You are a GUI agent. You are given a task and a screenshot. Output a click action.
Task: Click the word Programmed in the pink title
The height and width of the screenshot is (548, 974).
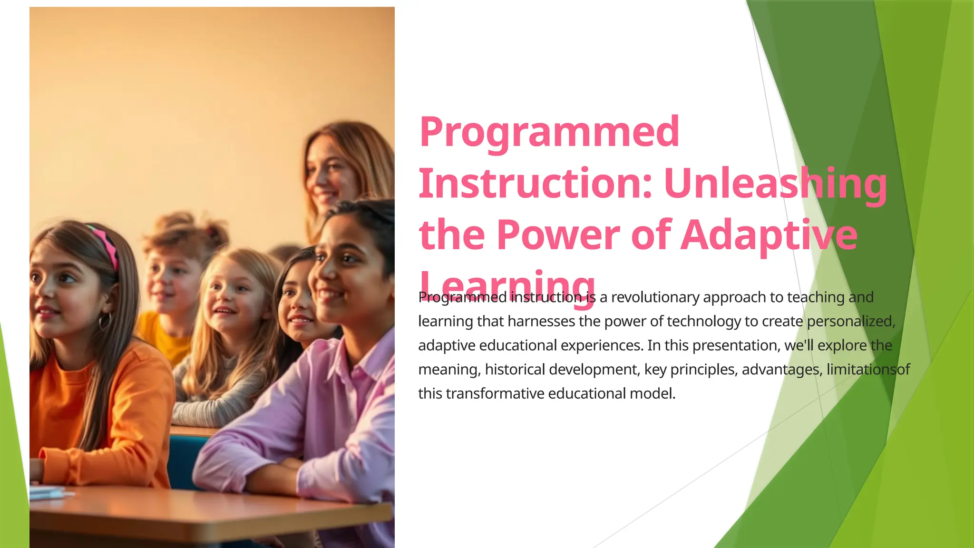pos(549,132)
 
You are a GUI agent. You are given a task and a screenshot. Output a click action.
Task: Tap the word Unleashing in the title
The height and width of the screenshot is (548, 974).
pos(775,184)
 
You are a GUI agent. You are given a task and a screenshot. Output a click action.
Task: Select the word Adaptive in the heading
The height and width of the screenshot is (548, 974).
pos(769,235)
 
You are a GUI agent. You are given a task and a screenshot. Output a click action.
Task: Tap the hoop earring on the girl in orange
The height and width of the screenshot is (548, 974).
pos(104,322)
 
